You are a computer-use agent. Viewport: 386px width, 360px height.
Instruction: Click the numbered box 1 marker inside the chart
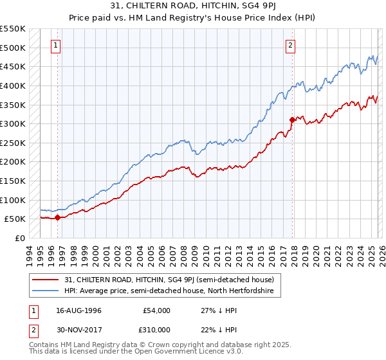tap(57, 45)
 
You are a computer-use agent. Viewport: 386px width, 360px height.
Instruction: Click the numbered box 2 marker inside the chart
tap(291, 45)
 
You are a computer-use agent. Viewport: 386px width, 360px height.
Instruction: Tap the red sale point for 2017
tap(292, 120)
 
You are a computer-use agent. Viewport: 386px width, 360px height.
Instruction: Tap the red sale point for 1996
tap(57, 217)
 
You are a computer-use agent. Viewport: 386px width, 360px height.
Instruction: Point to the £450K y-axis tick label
tap(13, 66)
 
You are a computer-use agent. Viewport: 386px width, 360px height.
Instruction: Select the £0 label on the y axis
tap(20, 238)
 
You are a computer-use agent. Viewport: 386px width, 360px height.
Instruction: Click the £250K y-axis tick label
tap(13, 143)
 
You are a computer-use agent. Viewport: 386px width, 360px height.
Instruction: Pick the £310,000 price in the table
tap(156, 330)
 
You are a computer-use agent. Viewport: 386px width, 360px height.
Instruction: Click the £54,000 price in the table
tap(156, 310)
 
